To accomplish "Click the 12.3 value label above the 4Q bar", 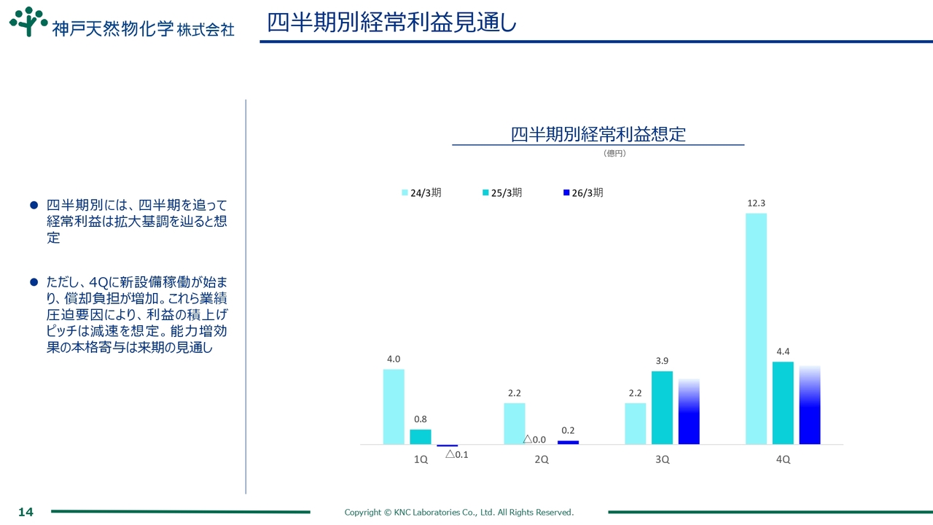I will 756,203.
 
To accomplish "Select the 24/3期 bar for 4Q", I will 756,328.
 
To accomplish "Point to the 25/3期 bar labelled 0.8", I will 421,436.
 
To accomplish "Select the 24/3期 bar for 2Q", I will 515,423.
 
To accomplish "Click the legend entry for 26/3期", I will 582,192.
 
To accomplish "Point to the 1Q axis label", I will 421,459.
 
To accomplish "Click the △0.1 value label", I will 456,454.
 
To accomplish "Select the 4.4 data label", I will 783,351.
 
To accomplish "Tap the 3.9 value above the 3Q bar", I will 662,361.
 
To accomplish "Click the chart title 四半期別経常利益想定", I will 598,134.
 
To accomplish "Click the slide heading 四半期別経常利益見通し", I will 391,23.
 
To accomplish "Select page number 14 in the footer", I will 26,512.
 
